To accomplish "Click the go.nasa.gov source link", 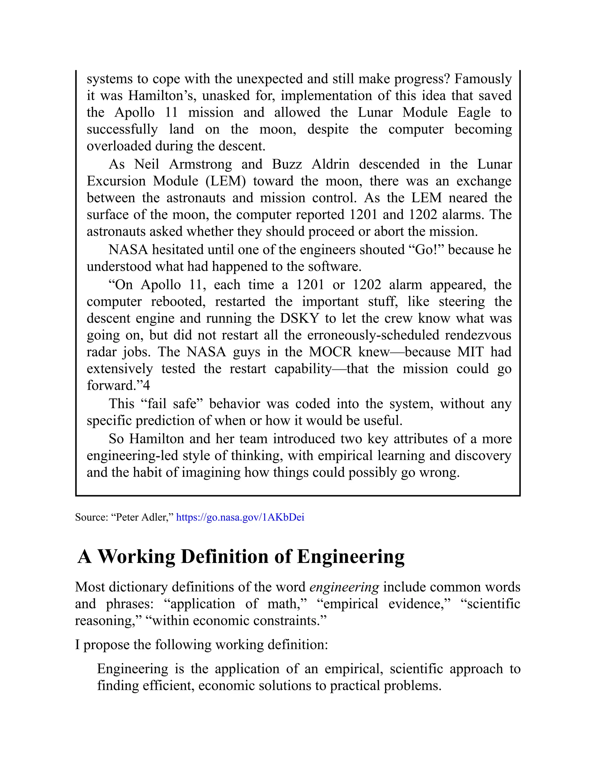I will click(240, 518).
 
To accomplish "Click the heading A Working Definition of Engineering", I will click(241, 557).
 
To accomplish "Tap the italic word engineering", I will click(344, 587).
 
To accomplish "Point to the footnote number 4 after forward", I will click(147, 385).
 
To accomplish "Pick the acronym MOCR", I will click(330, 352).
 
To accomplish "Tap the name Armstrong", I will click(201, 164).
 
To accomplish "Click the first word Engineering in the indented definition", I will click(132, 669).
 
